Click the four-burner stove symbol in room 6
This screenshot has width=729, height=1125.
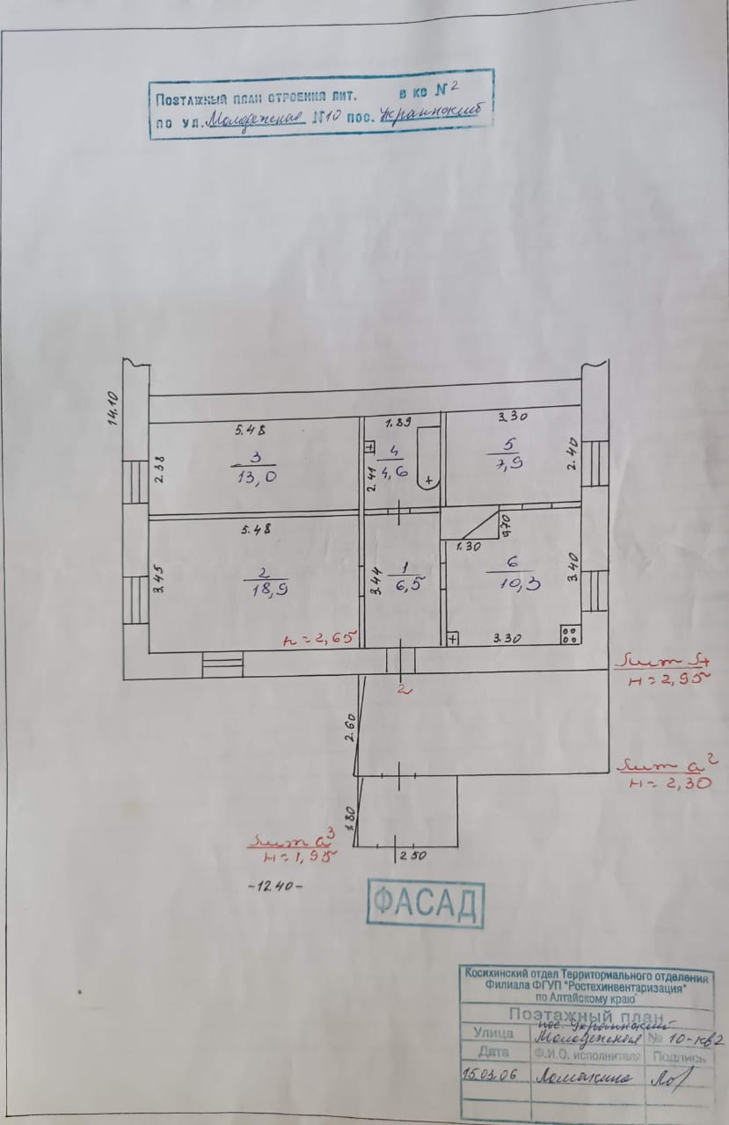coord(569,633)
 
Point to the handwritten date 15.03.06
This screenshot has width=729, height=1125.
coord(489,1074)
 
